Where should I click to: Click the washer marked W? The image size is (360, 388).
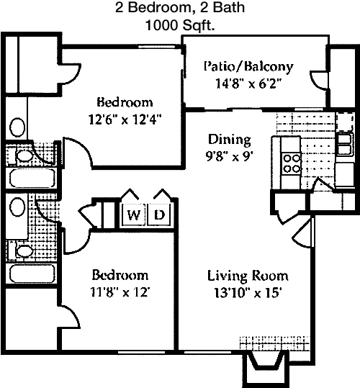click(x=133, y=215)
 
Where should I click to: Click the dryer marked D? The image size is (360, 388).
click(x=159, y=215)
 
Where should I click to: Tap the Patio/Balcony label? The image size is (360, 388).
click(x=248, y=66)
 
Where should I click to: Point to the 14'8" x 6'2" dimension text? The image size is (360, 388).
click(x=249, y=84)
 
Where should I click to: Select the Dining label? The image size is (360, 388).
click(x=230, y=140)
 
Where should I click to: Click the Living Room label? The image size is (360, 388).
click(x=248, y=276)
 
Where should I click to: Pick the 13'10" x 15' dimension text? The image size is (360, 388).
click(x=248, y=293)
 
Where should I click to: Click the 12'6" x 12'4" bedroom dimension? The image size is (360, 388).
click(x=125, y=119)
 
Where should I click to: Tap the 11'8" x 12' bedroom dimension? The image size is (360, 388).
click(x=120, y=292)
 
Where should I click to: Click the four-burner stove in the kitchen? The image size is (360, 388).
click(x=291, y=163)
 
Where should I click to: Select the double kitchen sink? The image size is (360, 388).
click(x=344, y=144)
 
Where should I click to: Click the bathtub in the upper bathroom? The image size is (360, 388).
click(x=32, y=178)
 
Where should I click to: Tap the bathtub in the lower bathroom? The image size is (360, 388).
click(x=32, y=274)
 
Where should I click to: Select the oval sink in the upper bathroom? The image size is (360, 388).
click(x=17, y=127)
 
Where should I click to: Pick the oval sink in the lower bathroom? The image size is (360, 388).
click(x=17, y=207)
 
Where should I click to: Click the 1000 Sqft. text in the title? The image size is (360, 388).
click(x=180, y=25)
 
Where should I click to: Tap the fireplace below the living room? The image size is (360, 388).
click(x=267, y=368)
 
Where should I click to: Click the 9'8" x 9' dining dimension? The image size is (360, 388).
click(x=229, y=156)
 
